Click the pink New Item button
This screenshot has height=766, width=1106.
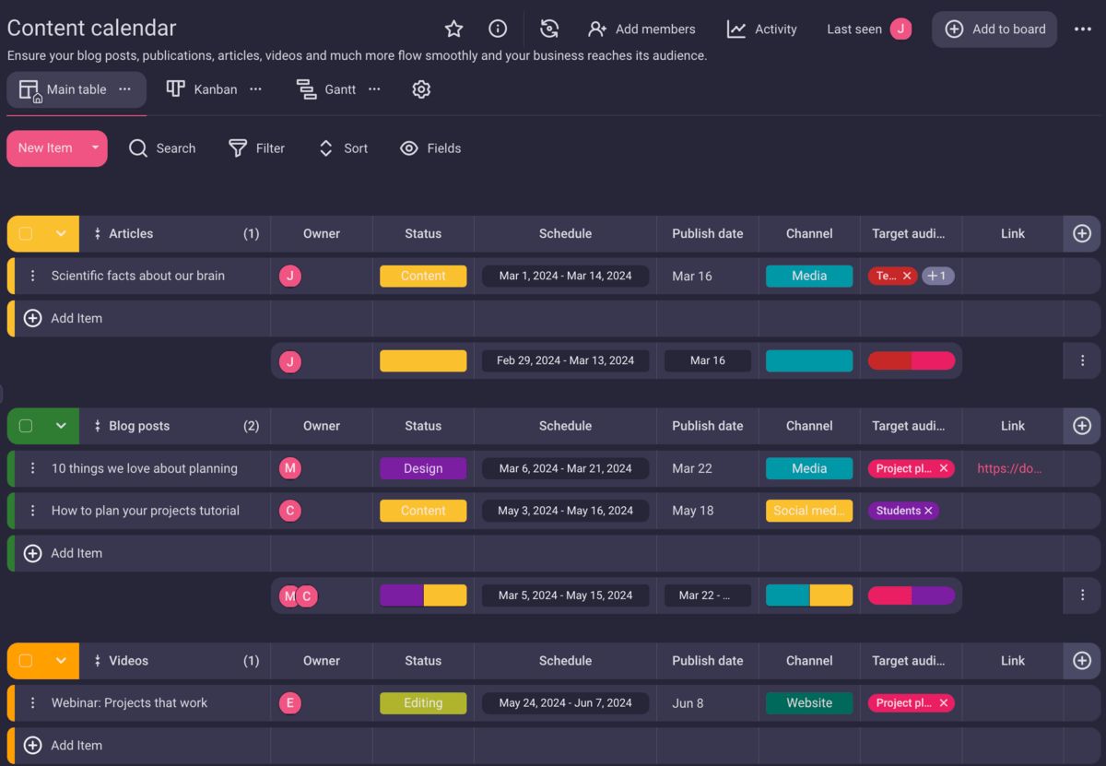(45, 148)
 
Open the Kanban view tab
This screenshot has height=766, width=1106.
(202, 89)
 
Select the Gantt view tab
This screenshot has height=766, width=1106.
(327, 89)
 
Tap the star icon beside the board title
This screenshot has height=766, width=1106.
(453, 29)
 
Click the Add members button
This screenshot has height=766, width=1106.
(642, 29)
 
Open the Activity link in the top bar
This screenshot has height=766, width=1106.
(761, 29)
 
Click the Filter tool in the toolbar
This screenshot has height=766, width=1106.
(257, 148)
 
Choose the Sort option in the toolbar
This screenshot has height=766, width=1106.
(343, 148)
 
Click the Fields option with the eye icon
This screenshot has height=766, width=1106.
(430, 148)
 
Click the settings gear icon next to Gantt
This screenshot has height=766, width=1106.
(421, 89)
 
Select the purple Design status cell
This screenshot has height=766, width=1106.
(423, 468)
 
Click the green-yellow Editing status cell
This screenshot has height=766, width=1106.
(423, 703)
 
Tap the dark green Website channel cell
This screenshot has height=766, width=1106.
(809, 703)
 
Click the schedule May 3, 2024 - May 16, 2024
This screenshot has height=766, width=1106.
(565, 511)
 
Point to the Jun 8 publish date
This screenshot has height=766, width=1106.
(688, 703)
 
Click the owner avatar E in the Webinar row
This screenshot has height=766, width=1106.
(290, 703)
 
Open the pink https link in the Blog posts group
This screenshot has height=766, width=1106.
(1009, 468)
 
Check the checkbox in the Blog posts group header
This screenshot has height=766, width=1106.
(26, 426)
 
